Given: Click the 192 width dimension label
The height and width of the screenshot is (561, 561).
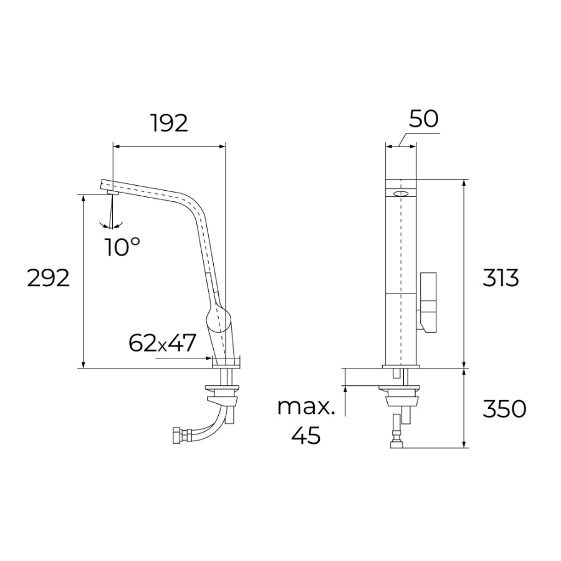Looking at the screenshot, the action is point(169,123).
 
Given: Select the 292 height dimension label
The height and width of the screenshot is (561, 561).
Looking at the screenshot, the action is point(48,278).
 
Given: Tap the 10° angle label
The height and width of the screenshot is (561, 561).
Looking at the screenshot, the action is point(122,246).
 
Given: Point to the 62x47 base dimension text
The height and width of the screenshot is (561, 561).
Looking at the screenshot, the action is point(162,342).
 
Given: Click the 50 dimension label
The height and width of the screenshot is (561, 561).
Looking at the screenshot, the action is point(424,119).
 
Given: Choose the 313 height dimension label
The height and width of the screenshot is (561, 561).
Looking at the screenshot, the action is point(501,278).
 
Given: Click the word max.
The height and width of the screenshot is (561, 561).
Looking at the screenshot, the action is point(307,407).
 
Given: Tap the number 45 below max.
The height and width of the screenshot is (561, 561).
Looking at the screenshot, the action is point(306,435).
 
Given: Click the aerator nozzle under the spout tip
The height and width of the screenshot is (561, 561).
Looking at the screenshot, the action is point(113,193).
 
